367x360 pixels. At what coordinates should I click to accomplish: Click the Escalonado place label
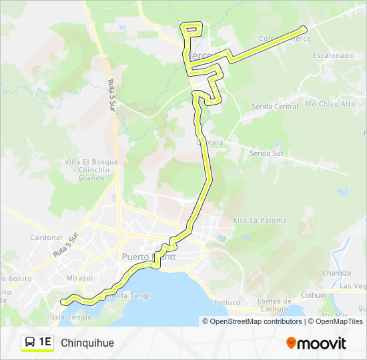(332, 56)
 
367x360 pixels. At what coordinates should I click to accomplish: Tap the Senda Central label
(275, 107)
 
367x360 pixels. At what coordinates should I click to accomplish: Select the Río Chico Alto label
(330, 104)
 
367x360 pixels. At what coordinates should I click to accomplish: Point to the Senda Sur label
(266, 153)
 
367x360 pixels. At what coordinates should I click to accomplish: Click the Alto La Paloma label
(260, 221)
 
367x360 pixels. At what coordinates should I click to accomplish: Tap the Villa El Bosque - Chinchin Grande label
(91, 170)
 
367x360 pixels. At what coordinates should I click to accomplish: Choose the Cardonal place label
(46, 237)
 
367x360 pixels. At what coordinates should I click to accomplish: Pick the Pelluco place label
(228, 303)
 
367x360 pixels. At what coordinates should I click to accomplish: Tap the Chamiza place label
(337, 273)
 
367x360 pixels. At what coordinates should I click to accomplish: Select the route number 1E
(45, 343)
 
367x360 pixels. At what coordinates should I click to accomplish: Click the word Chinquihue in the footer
(87, 343)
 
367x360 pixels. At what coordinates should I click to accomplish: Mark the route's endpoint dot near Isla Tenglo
(64, 302)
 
